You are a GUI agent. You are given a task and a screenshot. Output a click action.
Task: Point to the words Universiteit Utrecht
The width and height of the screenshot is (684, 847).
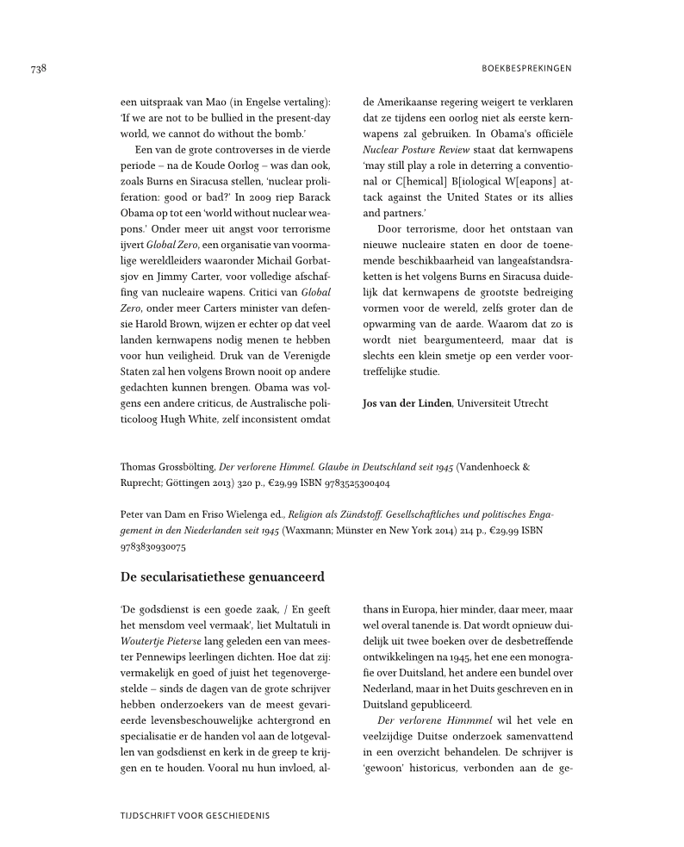[503, 403]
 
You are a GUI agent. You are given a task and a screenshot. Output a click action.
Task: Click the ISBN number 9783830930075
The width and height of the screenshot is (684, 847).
[151, 545]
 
